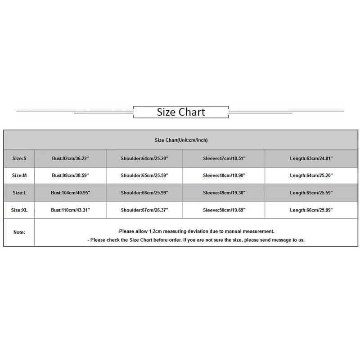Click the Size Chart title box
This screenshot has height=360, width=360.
[181, 112]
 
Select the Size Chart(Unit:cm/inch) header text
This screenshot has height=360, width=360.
[181, 140]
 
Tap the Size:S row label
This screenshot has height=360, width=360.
[19, 158]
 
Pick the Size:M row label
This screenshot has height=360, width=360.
[19, 175]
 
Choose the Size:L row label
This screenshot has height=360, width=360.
[19, 193]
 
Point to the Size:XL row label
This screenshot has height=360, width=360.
[19, 210]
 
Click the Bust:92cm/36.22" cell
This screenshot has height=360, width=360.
[71, 158]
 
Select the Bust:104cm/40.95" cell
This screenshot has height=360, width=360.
[71, 193]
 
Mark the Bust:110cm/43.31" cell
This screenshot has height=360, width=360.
[71, 210]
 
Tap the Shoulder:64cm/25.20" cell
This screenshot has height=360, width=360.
[144, 158]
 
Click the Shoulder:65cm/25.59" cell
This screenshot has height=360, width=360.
[144, 175]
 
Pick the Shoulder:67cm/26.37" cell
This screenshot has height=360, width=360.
[144, 210]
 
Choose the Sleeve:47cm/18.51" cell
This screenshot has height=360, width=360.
[224, 158]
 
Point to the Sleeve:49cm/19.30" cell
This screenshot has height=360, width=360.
[224, 193]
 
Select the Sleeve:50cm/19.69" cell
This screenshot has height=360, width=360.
[224, 210]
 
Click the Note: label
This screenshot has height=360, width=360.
[19, 233]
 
